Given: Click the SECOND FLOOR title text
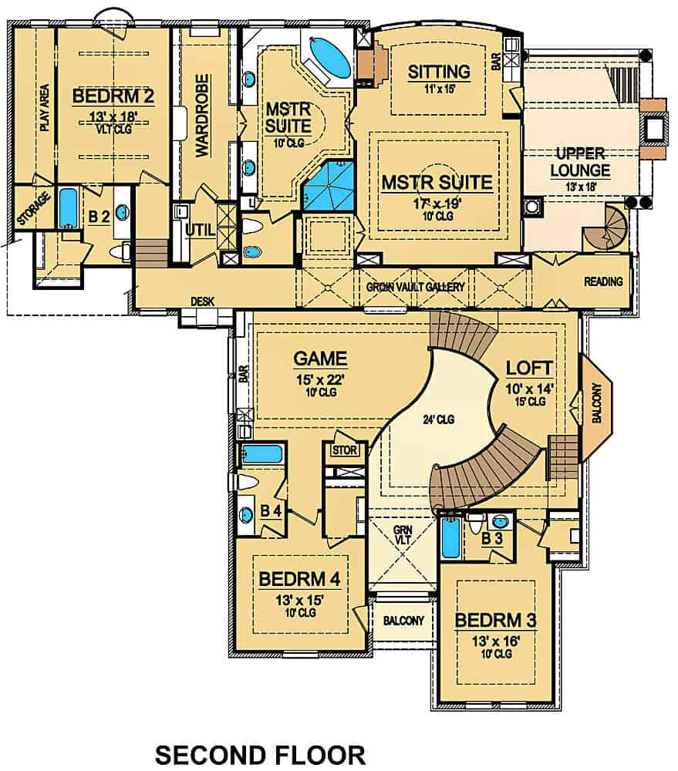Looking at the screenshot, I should point(260,753).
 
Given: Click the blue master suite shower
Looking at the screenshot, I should point(329,187).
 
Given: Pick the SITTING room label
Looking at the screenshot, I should point(438,72).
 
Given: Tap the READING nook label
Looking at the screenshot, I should point(603,281).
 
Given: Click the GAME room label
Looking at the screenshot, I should point(320,359).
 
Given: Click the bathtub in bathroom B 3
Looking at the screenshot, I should point(450,538).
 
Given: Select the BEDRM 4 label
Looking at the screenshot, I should point(299,578).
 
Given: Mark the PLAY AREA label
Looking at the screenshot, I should point(44,108).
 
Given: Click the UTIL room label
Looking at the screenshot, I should point(199,229).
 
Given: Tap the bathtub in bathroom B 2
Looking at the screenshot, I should point(69,209).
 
